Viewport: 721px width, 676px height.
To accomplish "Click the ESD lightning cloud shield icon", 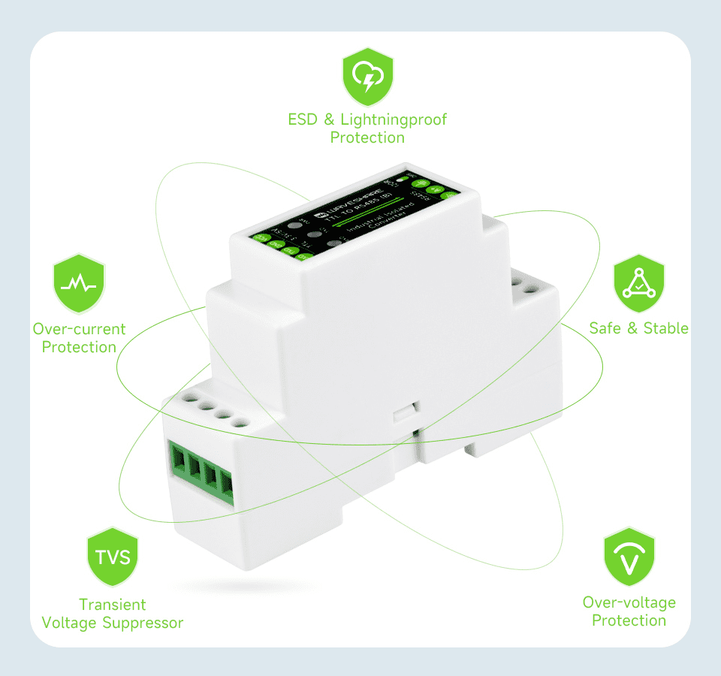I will click(x=368, y=77).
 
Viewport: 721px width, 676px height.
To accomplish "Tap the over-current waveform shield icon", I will click(x=79, y=284).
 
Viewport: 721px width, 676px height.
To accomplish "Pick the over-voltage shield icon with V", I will click(x=629, y=557).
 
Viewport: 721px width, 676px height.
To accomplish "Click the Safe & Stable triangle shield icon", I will click(x=639, y=284).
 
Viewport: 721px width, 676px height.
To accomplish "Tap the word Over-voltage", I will click(x=629, y=602).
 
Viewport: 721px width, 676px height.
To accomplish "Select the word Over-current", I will click(x=79, y=329).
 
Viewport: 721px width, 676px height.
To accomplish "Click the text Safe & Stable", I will click(x=639, y=328).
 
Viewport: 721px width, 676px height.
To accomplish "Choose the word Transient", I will click(x=113, y=605).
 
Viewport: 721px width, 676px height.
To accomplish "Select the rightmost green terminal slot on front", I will click(x=225, y=488).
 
